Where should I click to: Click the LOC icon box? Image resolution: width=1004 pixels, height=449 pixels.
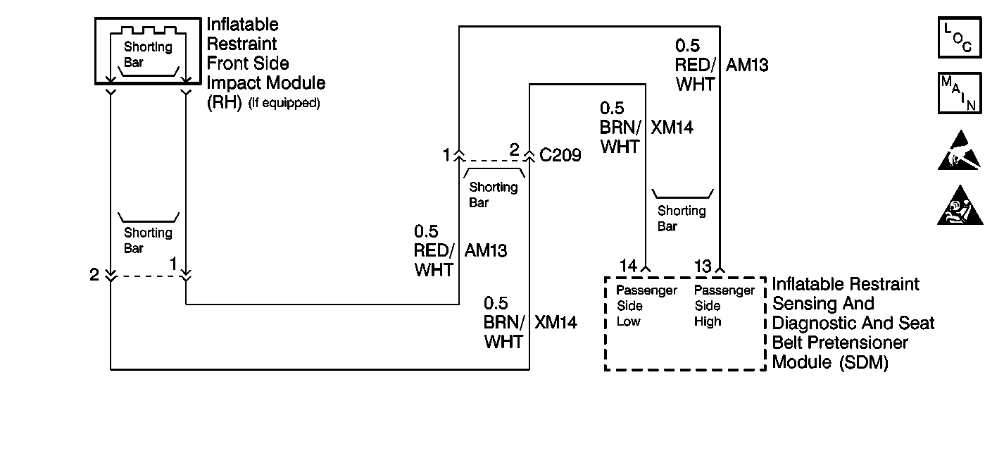pyautogui.click(x=958, y=38)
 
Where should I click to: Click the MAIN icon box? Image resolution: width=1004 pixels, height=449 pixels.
pyautogui.click(x=958, y=92)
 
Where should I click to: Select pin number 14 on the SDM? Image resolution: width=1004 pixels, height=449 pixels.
pyautogui.click(x=628, y=266)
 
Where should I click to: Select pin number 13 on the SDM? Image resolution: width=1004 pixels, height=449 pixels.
pyautogui.click(x=703, y=266)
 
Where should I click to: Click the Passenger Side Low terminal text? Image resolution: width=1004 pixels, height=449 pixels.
pyautogui.click(x=646, y=306)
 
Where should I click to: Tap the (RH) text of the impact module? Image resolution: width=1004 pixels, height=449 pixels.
pyautogui.click(x=224, y=103)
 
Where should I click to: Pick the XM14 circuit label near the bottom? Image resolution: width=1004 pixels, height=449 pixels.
pyautogui.click(x=556, y=323)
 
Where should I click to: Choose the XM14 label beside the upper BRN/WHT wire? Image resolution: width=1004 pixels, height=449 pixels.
pyautogui.click(x=672, y=128)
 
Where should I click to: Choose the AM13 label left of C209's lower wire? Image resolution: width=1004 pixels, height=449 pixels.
pyautogui.click(x=486, y=250)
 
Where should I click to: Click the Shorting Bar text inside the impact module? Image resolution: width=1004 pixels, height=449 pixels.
pyautogui.click(x=148, y=54)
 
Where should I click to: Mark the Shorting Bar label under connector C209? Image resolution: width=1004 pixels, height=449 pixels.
pyautogui.click(x=493, y=195)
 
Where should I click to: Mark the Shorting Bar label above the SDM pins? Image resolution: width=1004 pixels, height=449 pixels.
pyautogui.click(x=681, y=218)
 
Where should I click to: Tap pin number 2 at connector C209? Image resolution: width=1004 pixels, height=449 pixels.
pyautogui.click(x=514, y=149)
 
